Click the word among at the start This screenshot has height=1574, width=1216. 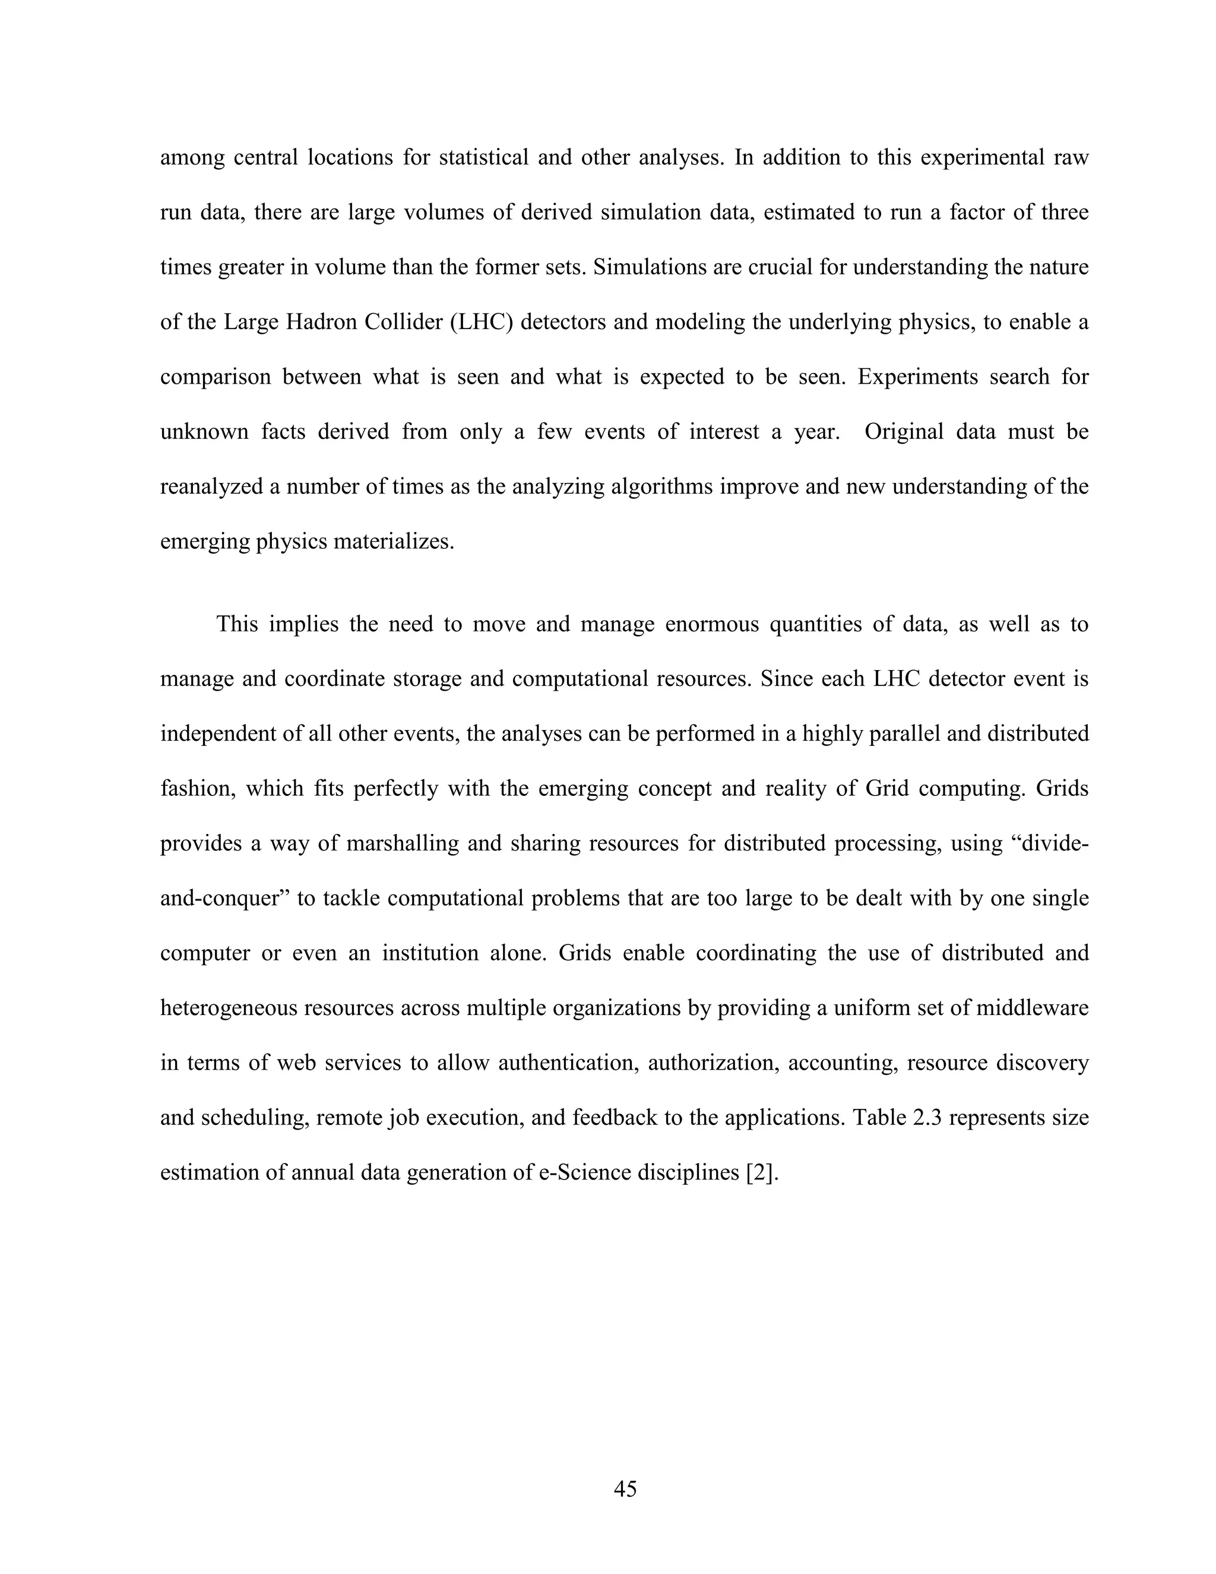[x=192, y=158]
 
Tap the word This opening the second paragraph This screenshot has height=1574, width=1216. [x=237, y=624]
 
